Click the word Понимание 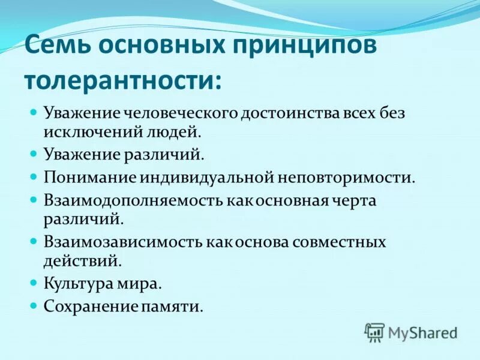click(90, 178)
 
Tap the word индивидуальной click(205, 178)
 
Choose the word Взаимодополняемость click(133, 201)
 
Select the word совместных click(340, 242)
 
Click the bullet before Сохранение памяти click(34, 305)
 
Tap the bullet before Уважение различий click(34, 154)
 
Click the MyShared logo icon click(374, 332)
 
